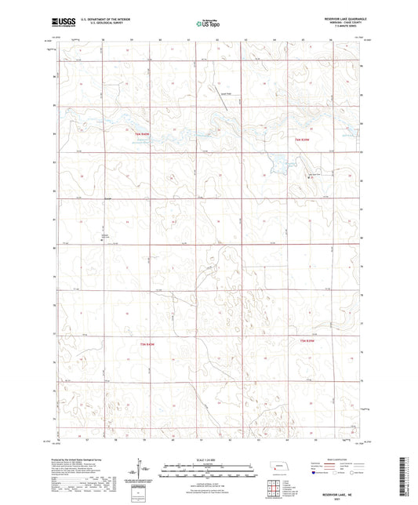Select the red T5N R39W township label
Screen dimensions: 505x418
[311, 340]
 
